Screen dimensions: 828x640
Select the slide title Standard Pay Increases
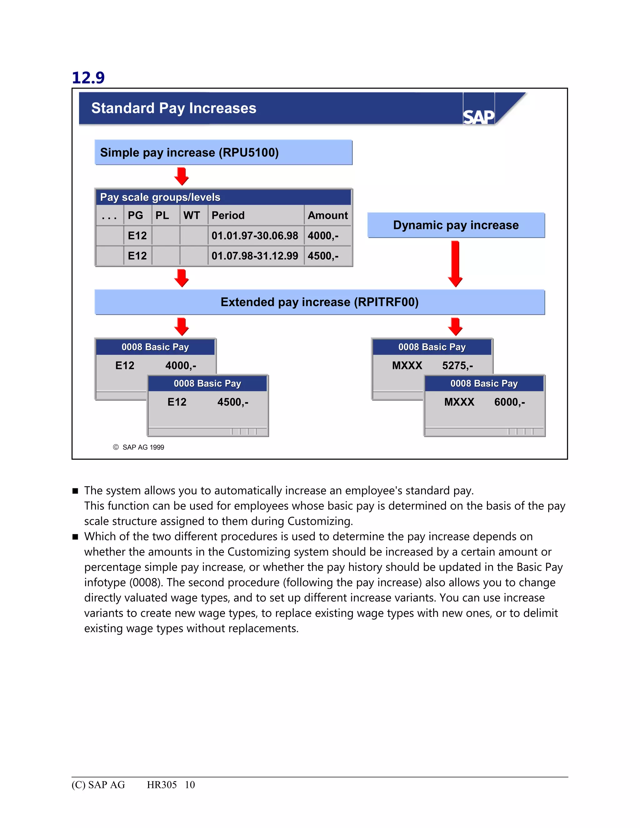pos(174,108)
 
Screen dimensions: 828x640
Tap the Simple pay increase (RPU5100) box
pos(223,152)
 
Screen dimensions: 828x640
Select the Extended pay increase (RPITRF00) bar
pos(319,302)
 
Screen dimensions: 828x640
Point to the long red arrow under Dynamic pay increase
pos(455,263)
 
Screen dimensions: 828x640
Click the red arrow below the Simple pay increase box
pos(182,176)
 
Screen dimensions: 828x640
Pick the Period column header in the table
pos(228,215)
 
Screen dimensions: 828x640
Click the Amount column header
pos(327,215)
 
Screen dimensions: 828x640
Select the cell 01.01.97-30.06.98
pos(255,236)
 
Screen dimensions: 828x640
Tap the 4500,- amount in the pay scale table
pos(323,256)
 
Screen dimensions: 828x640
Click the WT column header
pos(192,215)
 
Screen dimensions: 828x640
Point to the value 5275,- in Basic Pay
pos(457,366)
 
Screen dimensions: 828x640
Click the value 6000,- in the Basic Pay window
pos(509,402)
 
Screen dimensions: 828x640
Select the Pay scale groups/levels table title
pos(160,197)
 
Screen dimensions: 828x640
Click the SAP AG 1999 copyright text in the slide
pos(143,447)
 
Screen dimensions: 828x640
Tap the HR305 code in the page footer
pos(162,785)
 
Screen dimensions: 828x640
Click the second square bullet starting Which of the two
pos(75,537)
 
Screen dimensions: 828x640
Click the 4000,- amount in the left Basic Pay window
pos(181,366)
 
